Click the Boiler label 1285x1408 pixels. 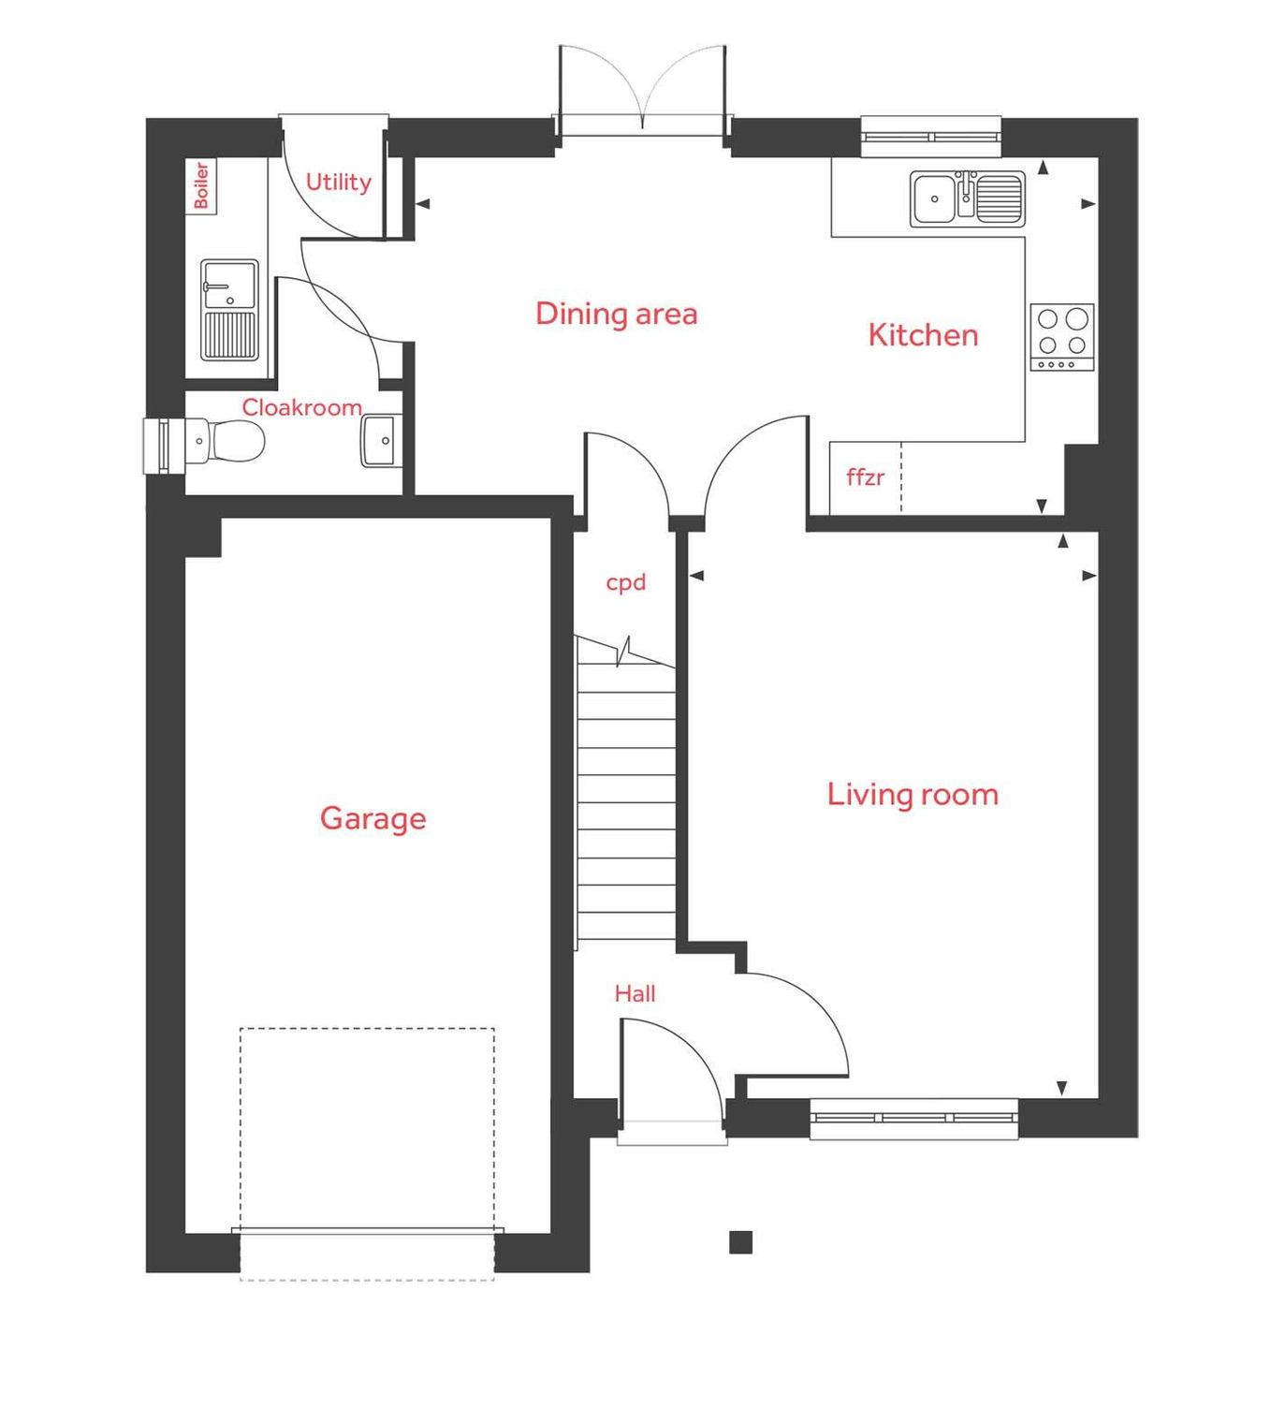click(x=201, y=185)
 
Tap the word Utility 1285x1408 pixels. click(x=338, y=182)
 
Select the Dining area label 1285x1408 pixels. click(x=616, y=314)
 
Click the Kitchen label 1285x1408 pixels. click(x=923, y=335)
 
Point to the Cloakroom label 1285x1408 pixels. click(x=301, y=407)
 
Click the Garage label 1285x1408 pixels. click(x=372, y=818)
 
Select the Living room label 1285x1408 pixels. click(x=913, y=795)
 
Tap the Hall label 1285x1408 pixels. click(x=635, y=994)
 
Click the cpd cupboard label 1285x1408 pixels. click(x=626, y=582)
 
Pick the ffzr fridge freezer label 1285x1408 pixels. click(x=865, y=477)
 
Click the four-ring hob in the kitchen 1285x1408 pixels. click(x=1062, y=337)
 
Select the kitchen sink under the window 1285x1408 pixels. click(x=967, y=198)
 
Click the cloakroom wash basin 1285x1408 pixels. click(x=379, y=441)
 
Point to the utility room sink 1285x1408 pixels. click(x=229, y=310)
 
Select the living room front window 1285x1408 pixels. click(x=913, y=1118)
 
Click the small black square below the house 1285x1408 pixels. click(x=740, y=1242)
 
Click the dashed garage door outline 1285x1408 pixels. click(x=367, y=1151)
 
